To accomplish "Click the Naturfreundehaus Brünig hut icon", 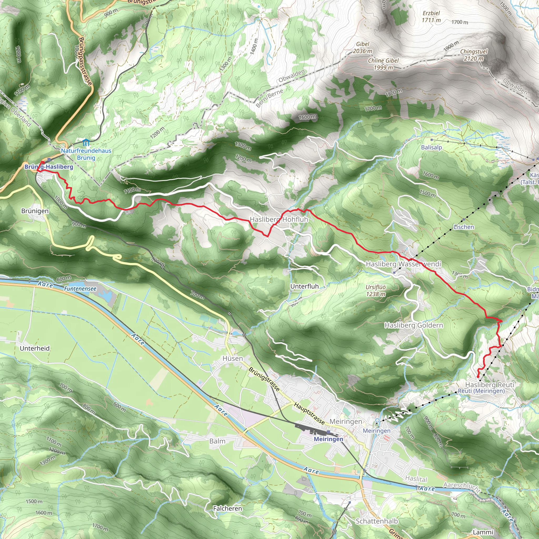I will point(86,143).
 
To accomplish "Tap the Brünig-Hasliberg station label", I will point(49,167).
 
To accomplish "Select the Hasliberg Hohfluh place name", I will point(279,219).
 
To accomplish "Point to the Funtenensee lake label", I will point(80,289).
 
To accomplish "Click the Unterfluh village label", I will point(305,286).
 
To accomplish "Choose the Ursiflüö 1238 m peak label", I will point(376,291).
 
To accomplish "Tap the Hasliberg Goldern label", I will point(413,325).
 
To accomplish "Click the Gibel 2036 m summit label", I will point(362,48).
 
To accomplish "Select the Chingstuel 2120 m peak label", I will point(474,55).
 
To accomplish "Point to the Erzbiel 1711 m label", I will point(431,17).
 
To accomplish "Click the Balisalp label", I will point(432,147).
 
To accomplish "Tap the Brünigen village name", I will point(35,211).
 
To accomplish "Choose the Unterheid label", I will point(34,348).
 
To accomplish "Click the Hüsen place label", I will point(233,358).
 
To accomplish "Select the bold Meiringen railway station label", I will point(328,439).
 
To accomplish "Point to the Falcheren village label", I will point(227,508).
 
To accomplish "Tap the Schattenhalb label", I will point(377,521).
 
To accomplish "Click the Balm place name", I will point(217,441).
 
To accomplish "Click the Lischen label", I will point(464,227).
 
